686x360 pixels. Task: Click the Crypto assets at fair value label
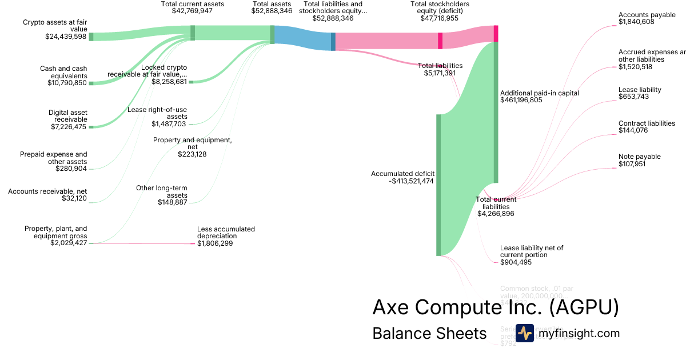pos(55,26)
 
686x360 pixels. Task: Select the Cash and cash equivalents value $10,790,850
pos(67,83)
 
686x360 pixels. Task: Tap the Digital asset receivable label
pos(67,116)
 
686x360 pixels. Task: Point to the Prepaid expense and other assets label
pos(54,158)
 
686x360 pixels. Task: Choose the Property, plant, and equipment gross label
pos(55,232)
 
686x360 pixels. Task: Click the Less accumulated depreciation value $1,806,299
pos(215,243)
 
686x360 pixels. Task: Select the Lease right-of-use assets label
pos(157,113)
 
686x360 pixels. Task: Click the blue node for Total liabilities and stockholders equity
pos(333,41)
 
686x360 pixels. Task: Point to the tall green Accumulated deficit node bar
pos(438,185)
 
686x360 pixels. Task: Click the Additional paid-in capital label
pos(539,93)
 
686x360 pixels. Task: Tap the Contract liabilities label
pos(647,123)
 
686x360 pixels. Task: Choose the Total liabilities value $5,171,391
pos(440,73)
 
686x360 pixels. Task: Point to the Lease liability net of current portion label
pos(532,251)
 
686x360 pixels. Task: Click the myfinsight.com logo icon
pos(524,333)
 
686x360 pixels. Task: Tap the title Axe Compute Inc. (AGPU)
pos(495,307)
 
